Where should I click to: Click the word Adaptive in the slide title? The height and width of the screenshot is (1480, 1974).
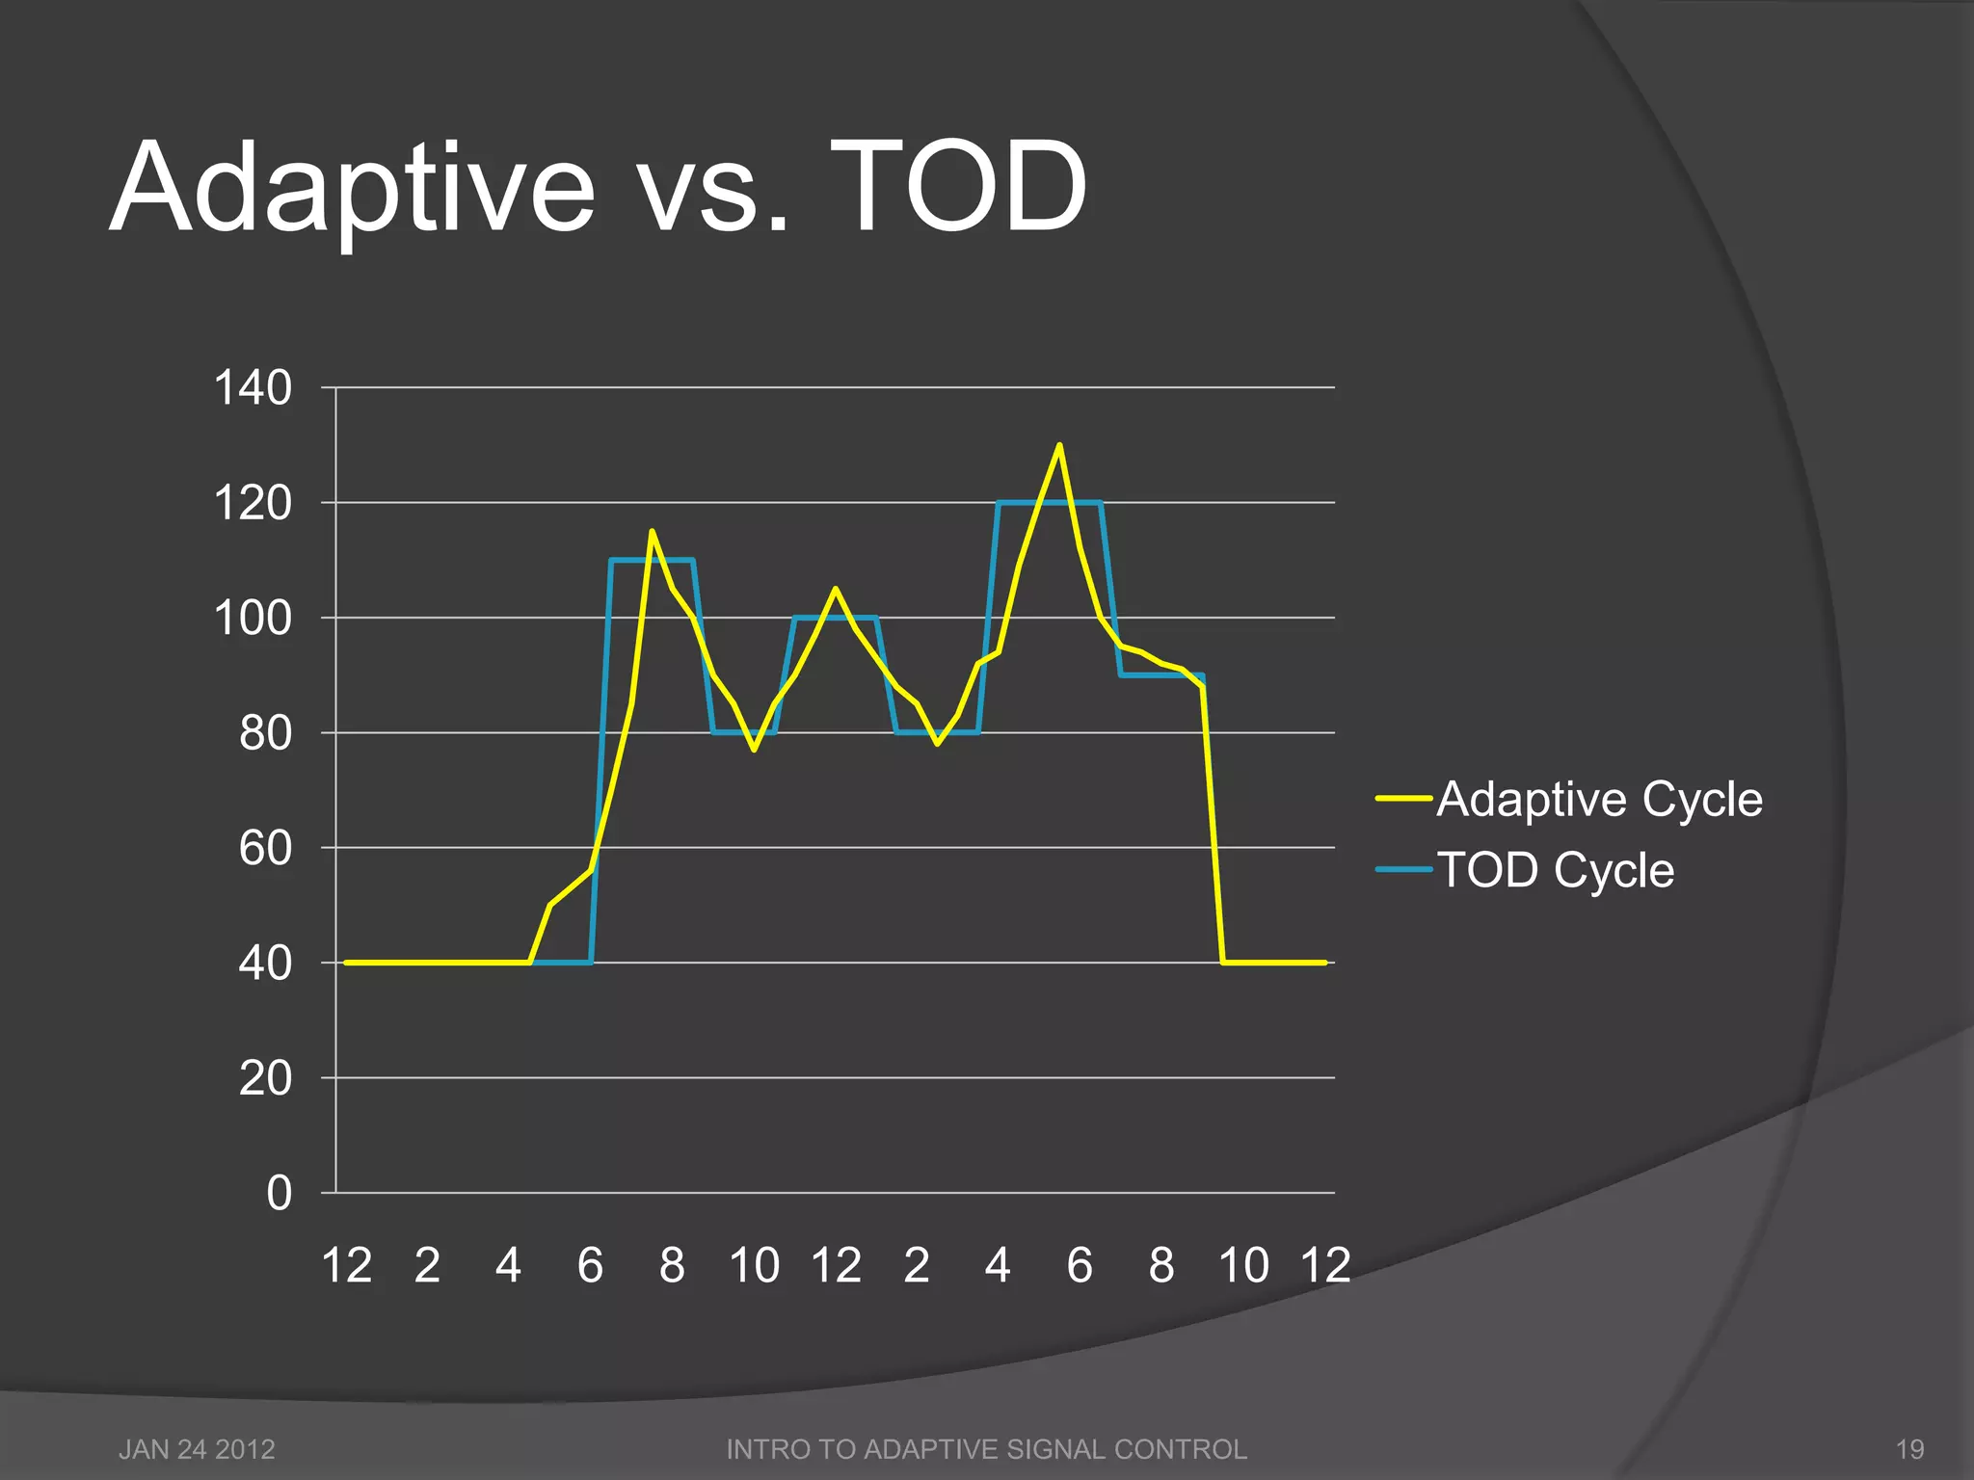(353, 188)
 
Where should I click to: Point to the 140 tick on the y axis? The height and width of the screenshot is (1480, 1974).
(253, 388)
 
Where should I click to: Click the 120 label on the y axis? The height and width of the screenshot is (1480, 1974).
(253, 503)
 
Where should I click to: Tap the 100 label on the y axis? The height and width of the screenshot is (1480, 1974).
(253, 618)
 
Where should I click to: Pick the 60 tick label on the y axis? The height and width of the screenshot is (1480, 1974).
(265, 848)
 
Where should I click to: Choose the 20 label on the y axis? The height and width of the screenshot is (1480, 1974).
(265, 1078)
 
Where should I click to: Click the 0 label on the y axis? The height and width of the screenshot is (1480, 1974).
(279, 1193)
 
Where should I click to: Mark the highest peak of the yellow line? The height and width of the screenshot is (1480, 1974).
(1059, 445)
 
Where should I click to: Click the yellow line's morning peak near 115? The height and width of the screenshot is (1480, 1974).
(652, 531)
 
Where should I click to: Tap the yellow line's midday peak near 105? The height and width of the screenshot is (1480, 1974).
(835, 589)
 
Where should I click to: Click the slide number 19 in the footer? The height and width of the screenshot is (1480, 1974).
(1909, 1449)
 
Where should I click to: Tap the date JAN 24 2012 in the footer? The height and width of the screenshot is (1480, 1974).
(197, 1449)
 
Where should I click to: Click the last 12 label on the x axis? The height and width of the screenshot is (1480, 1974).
(1325, 1265)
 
